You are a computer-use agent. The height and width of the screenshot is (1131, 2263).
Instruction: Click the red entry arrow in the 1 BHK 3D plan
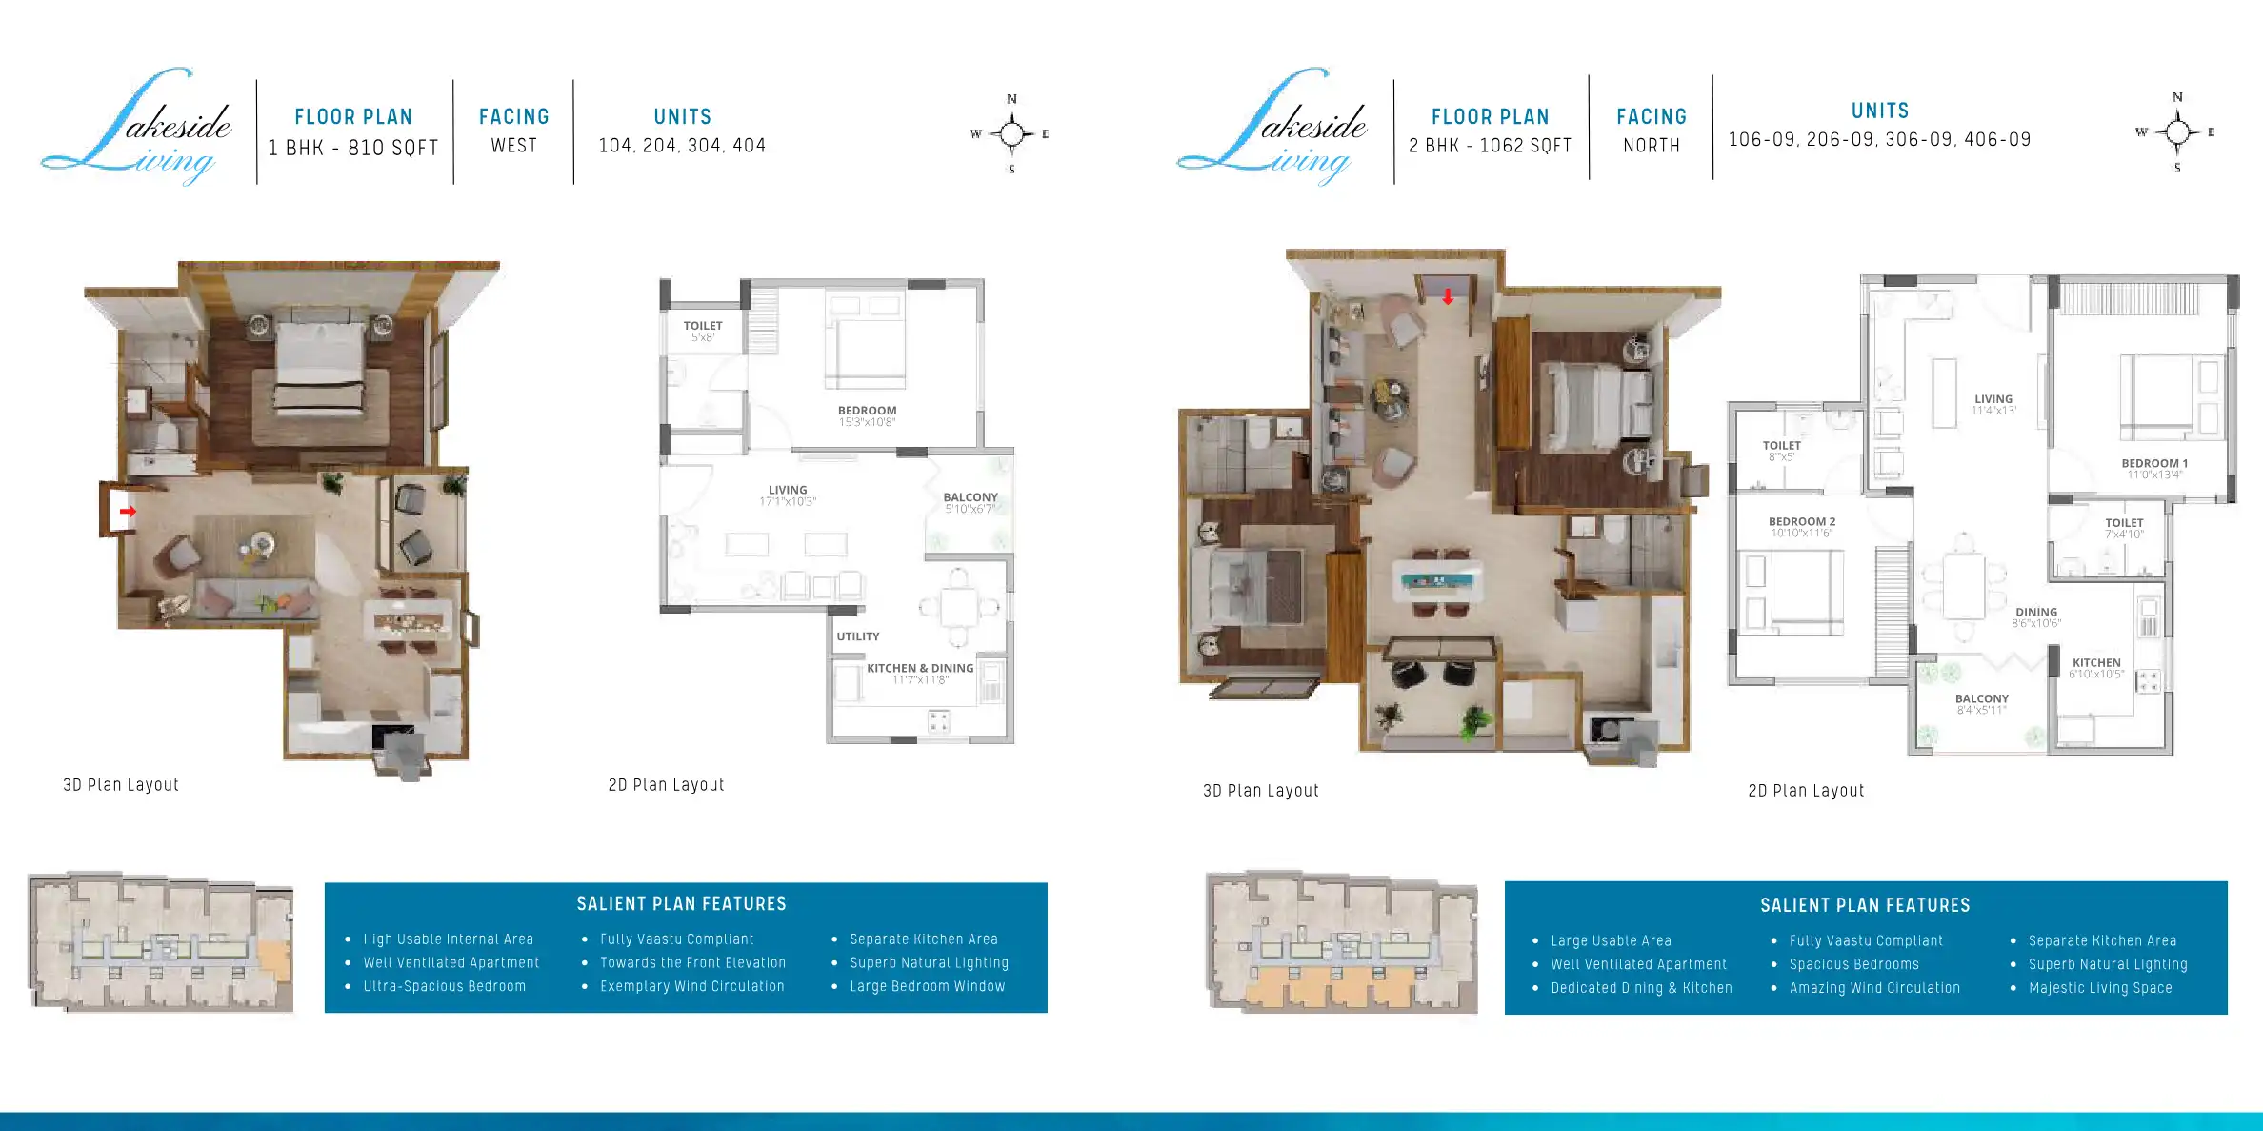click(128, 512)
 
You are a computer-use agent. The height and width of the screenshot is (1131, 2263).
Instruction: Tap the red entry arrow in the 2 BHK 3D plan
click(1448, 297)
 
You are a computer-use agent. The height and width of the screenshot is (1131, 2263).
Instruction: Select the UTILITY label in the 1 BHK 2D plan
click(857, 636)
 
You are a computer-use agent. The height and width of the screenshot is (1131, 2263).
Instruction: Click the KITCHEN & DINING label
click(920, 669)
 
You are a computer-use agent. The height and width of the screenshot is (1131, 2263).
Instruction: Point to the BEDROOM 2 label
click(1801, 522)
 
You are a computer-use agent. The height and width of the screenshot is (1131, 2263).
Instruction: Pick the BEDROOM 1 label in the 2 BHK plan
click(2153, 464)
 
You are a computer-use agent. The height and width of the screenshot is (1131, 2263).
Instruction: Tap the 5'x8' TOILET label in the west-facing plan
click(703, 327)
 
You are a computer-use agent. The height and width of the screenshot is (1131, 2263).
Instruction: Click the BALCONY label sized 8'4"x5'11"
click(1981, 699)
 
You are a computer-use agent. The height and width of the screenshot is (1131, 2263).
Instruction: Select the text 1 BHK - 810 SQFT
click(353, 148)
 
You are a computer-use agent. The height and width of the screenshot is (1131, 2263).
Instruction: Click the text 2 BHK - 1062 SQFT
click(1490, 146)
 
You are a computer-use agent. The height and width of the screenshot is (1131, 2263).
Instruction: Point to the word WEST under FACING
click(513, 146)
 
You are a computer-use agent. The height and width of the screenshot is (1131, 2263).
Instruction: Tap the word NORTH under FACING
click(1652, 146)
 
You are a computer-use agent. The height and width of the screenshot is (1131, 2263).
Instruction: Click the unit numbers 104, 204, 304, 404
click(682, 146)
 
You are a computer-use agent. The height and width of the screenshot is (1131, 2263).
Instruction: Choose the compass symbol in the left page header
click(1011, 134)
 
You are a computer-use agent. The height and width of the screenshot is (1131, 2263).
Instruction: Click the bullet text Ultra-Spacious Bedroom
click(444, 987)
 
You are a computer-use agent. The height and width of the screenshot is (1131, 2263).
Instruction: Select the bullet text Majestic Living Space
click(2100, 989)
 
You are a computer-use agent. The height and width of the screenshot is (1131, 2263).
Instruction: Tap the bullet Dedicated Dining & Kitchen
click(1641, 989)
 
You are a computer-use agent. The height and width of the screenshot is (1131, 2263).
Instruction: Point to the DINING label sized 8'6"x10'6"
click(2035, 613)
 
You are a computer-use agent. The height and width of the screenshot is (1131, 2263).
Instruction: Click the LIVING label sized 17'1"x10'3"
click(788, 491)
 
